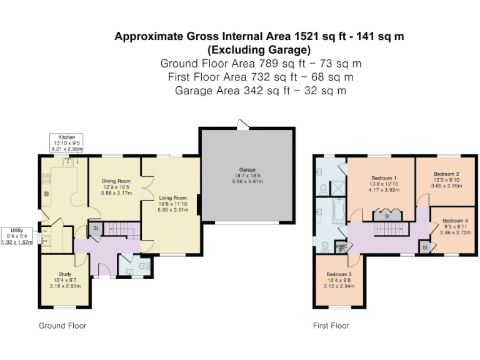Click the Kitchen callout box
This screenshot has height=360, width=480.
pyautogui.click(x=66, y=142)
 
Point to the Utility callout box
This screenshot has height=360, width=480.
pyautogui.click(x=17, y=236)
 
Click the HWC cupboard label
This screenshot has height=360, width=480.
pyautogui.click(x=342, y=247)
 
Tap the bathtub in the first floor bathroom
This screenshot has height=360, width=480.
pyautogui.click(x=339, y=211)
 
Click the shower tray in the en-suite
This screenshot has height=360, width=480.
pyautogui.click(x=337, y=188)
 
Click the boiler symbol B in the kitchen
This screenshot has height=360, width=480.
pyautogui.click(x=46, y=194)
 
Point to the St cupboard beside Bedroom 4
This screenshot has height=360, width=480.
pyautogui.click(x=425, y=247)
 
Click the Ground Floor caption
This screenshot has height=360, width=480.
pyautogui.click(x=62, y=326)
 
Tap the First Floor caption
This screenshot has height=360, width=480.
pyautogui.click(x=331, y=326)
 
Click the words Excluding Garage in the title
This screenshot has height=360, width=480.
pyautogui.click(x=259, y=49)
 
